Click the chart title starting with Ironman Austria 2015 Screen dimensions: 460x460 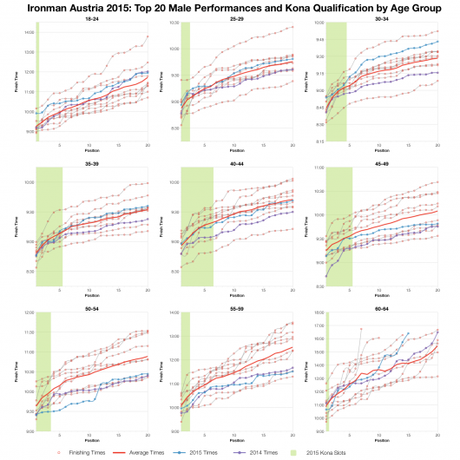tap(230, 7)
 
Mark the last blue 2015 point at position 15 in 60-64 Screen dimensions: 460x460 tap(408, 333)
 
